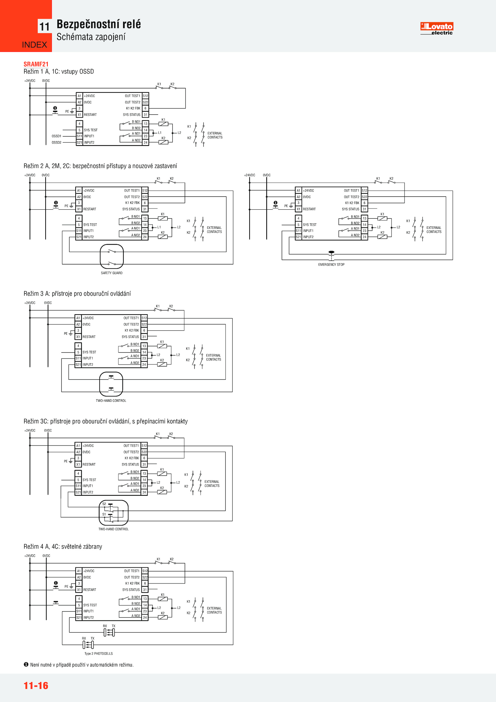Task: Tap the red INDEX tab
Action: (x=34, y=45)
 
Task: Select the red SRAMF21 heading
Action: (x=36, y=64)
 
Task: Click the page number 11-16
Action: (x=36, y=686)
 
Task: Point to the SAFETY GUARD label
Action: (x=112, y=273)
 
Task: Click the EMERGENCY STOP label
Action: (x=331, y=265)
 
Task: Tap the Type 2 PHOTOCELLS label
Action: (x=99, y=654)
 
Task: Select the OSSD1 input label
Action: (x=56, y=136)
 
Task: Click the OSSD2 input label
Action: (x=56, y=143)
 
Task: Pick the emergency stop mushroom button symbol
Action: (x=331, y=253)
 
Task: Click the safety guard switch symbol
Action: (x=112, y=257)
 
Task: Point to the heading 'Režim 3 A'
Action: (x=77, y=294)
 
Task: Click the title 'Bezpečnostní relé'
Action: (x=99, y=24)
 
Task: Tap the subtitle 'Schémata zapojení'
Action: (x=91, y=37)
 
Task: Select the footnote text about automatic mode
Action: (x=82, y=665)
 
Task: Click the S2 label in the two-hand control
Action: (x=104, y=504)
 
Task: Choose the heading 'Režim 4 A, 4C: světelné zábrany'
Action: (x=63, y=547)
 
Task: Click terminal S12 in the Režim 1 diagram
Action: (x=145, y=96)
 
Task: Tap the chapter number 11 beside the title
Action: (x=44, y=27)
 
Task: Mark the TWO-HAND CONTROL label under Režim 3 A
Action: (x=111, y=401)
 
